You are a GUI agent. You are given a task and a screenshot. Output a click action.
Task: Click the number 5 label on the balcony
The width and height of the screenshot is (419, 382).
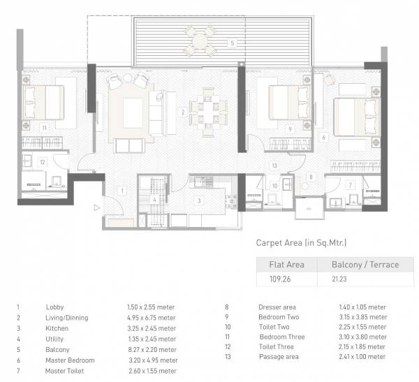(x=232, y=43)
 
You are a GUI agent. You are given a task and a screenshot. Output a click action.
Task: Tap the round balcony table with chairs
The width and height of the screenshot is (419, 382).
(x=200, y=41)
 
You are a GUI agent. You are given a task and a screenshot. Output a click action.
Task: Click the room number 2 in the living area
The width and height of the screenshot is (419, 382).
(x=182, y=112)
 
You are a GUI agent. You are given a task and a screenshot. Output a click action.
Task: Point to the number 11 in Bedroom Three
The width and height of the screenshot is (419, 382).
(x=43, y=128)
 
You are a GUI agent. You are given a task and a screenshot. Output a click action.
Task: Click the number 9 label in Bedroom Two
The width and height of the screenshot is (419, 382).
(x=289, y=128)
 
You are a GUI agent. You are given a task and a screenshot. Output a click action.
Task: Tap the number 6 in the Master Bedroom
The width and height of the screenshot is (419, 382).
(x=324, y=138)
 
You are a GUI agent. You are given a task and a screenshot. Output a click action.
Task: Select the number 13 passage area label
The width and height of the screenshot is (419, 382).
(x=274, y=165)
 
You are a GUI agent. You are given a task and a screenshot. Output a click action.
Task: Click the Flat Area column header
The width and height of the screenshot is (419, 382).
(x=286, y=265)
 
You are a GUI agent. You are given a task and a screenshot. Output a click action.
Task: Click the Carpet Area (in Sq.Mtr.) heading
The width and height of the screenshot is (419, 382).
(x=301, y=243)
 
